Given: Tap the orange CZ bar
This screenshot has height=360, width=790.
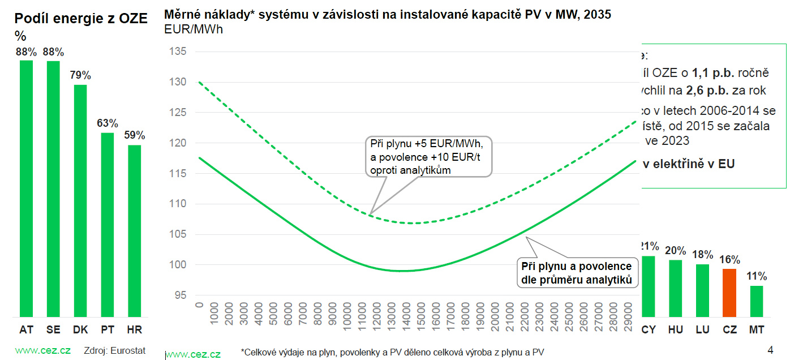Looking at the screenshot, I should pos(730,292).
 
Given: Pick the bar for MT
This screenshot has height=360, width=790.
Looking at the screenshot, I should pos(757,301).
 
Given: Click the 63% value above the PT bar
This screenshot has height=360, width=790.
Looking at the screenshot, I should pos(108,123).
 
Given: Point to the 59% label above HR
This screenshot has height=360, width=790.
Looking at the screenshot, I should pos(135,135).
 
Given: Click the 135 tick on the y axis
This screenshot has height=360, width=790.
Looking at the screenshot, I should pos(178,52).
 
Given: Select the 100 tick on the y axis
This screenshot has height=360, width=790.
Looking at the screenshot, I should pos(178,264).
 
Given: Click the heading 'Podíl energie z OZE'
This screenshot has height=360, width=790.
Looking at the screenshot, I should pos(81,19).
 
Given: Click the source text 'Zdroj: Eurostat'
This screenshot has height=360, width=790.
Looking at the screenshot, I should pos(114,350).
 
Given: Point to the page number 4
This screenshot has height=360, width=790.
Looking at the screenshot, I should pos(770,349).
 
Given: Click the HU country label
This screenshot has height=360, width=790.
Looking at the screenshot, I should pos(676,329).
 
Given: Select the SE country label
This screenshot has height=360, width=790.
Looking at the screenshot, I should pos(53,329).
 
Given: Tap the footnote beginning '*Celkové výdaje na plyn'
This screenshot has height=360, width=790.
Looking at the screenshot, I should pos(392,352).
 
